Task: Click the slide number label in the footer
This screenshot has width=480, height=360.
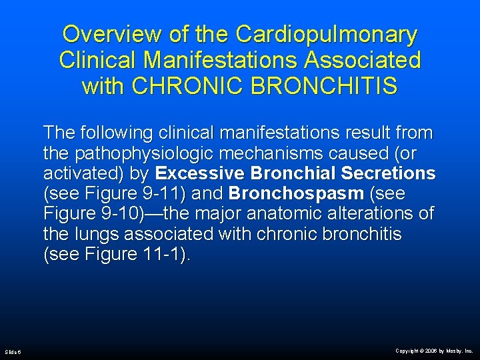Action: [x=13, y=351]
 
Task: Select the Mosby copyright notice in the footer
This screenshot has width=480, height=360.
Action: [x=434, y=351]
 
